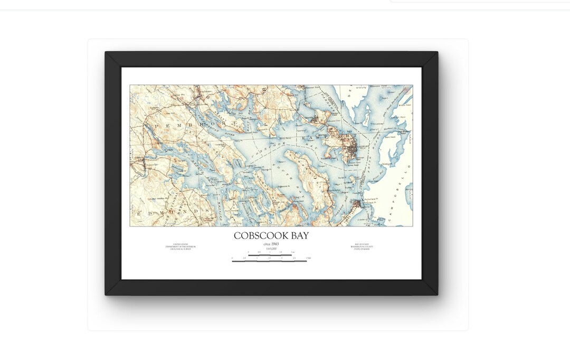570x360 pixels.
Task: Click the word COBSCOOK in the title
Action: (x=258, y=236)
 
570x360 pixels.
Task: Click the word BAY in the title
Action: (x=297, y=236)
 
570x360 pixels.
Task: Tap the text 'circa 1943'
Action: (x=271, y=244)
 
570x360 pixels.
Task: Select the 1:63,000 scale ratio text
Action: (x=271, y=248)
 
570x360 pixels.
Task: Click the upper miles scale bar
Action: (x=271, y=254)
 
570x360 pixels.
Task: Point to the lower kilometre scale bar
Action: (x=270, y=260)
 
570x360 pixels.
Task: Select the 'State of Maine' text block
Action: (x=362, y=247)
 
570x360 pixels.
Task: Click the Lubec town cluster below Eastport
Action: (x=357, y=203)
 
